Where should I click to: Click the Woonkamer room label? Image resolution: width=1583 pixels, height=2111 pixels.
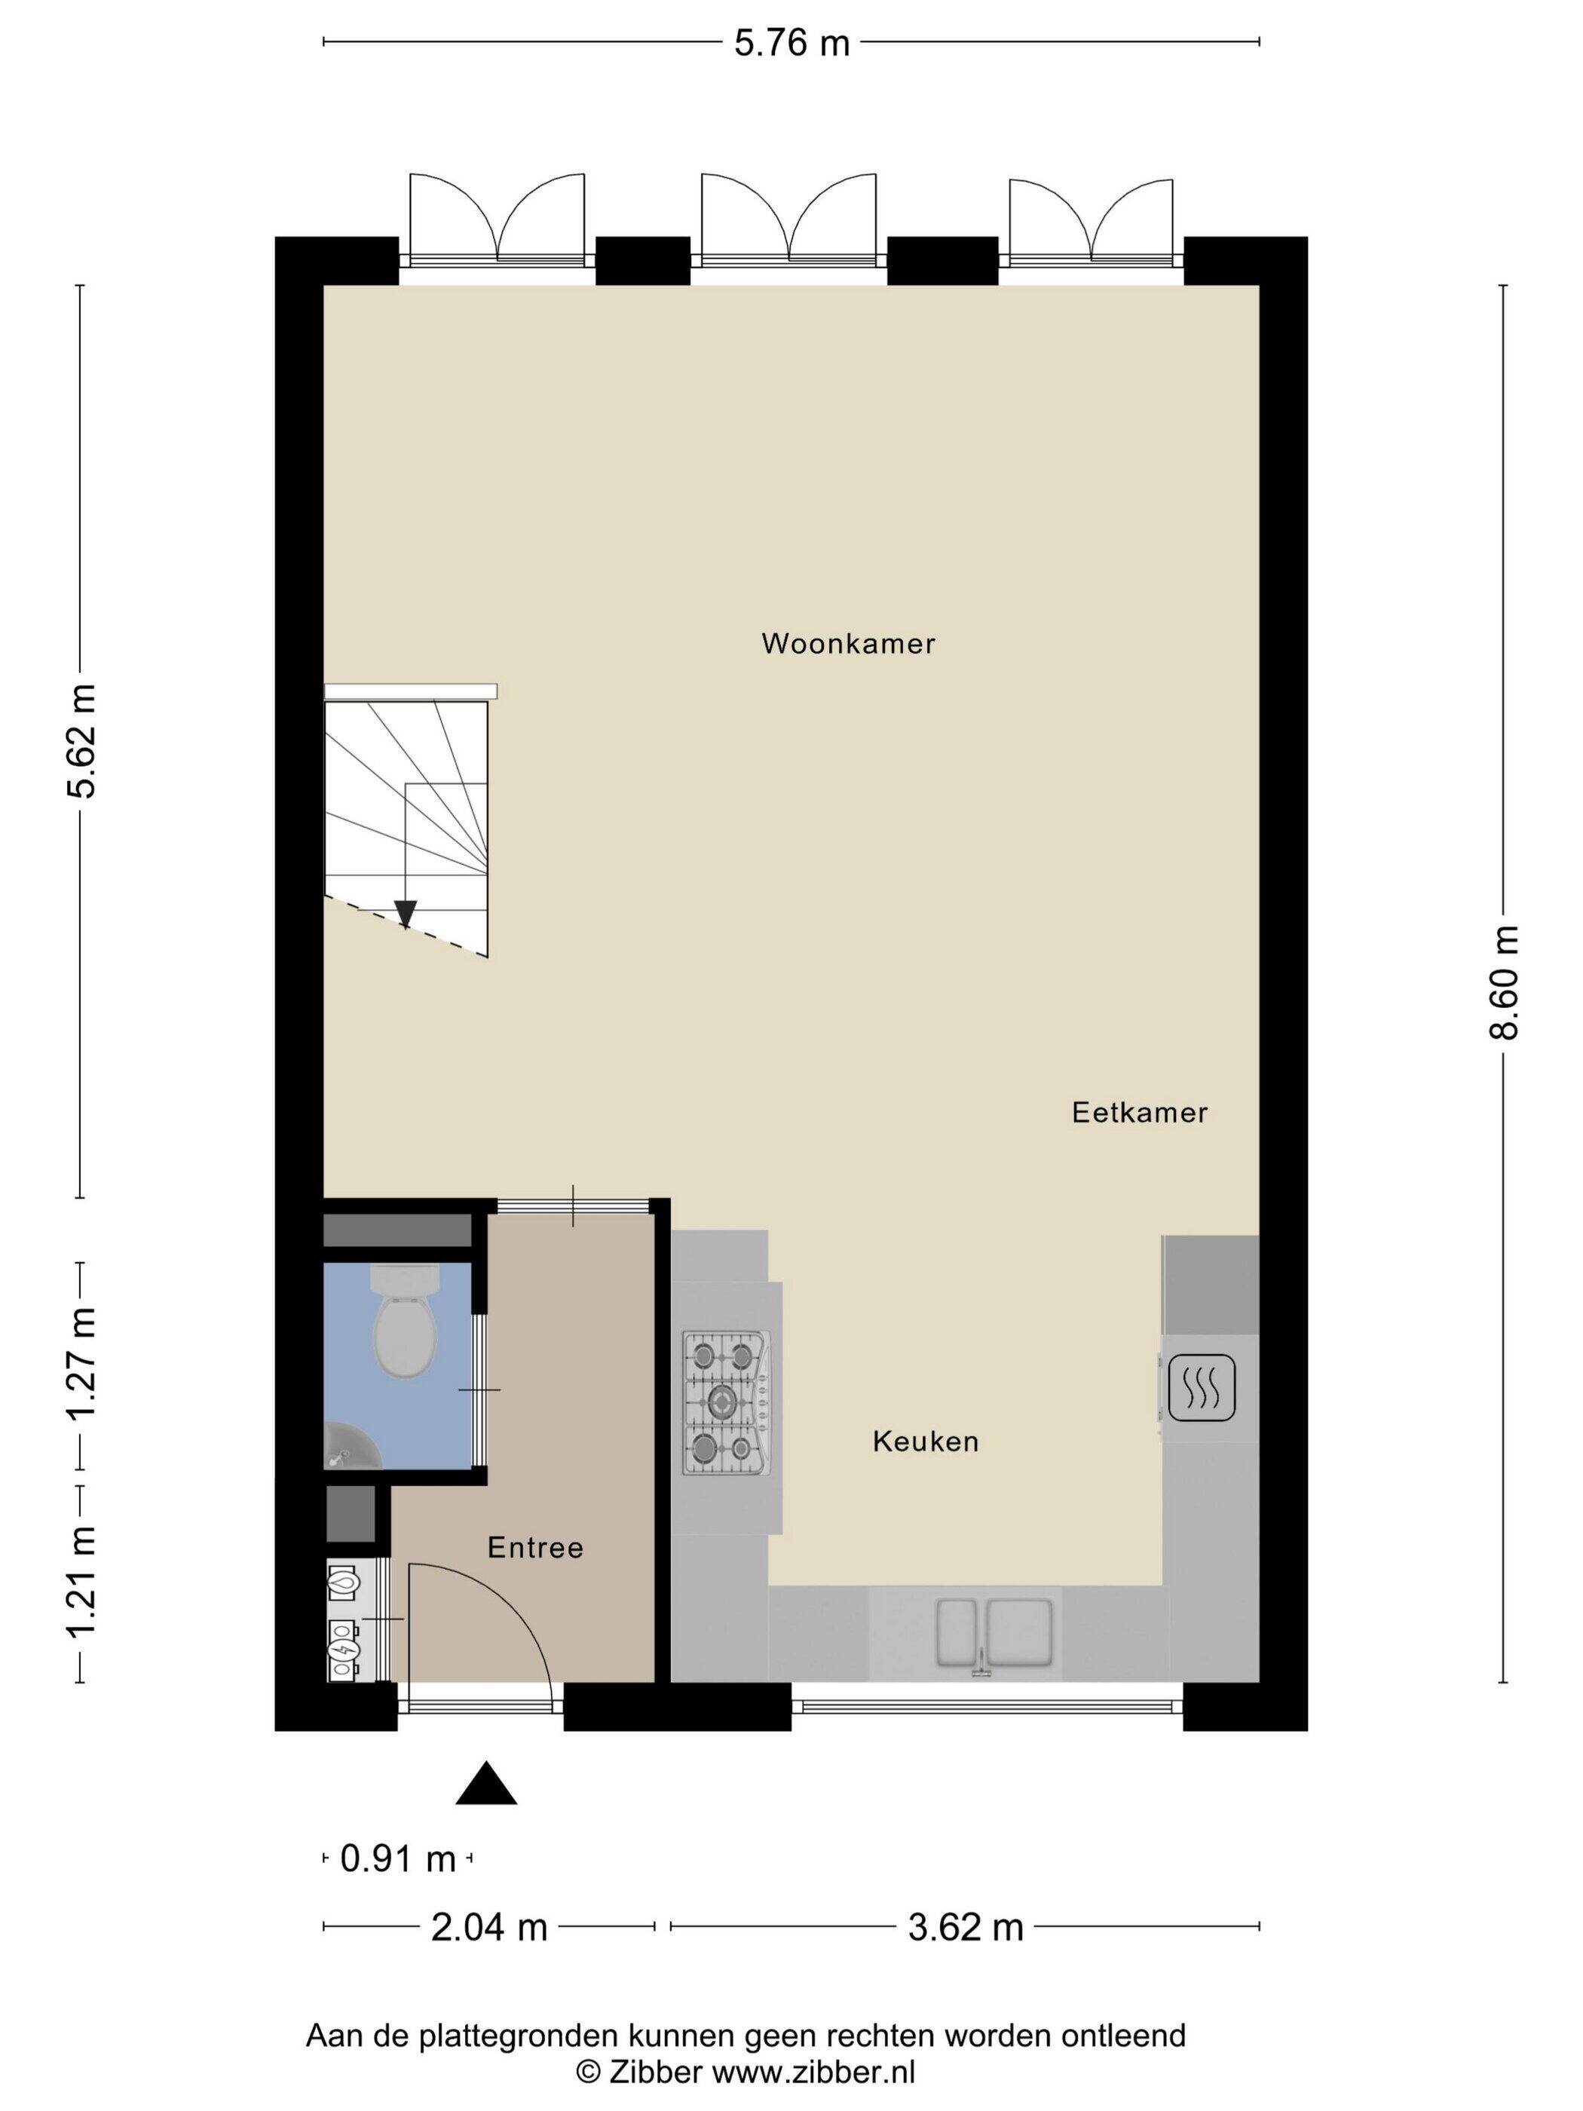847,643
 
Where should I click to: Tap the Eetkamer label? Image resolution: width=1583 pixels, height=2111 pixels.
1139,1112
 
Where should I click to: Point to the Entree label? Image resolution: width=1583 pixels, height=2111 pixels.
535,1547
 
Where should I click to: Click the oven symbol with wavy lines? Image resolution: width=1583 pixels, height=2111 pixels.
1202,1388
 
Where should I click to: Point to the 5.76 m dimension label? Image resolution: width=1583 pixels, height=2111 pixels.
791,43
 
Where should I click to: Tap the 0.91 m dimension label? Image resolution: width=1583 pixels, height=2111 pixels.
398,1858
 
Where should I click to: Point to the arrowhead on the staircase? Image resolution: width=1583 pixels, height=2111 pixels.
406,913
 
